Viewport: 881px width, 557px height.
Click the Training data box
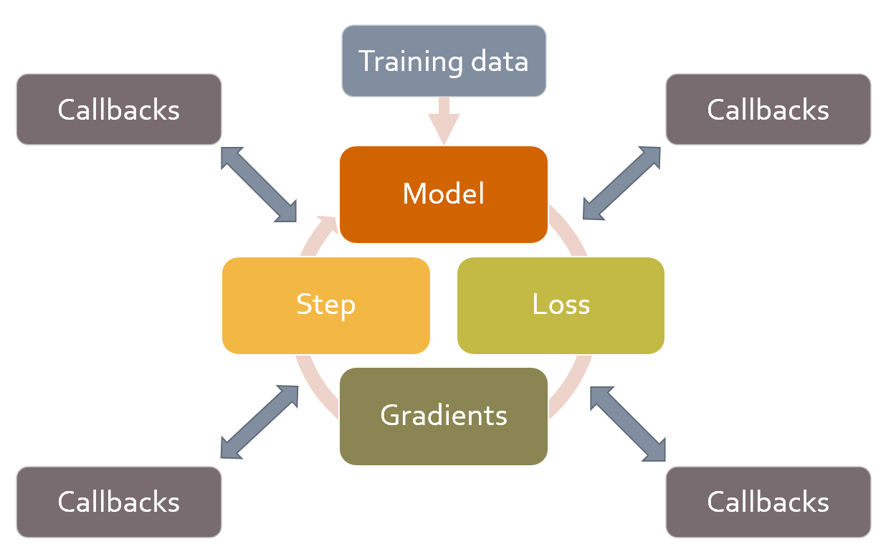pyautogui.click(x=444, y=61)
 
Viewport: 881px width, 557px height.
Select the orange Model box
pyautogui.click(x=444, y=194)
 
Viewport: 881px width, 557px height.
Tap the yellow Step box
pyautogui.click(x=326, y=305)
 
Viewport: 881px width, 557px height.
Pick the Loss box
pyautogui.click(x=561, y=305)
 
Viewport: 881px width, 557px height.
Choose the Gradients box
pyautogui.click(x=444, y=416)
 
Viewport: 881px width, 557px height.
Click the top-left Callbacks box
pyautogui.click(x=119, y=110)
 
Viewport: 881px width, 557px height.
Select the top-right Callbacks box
pyautogui.click(x=768, y=110)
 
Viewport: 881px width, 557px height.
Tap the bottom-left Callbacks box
pyautogui.click(x=119, y=502)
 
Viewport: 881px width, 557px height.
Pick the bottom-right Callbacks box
pyautogui.click(x=768, y=502)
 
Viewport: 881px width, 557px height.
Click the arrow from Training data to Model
pyautogui.click(x=444, y=121)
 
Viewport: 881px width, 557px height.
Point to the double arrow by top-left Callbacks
pyautogui.click(x=259, y=184)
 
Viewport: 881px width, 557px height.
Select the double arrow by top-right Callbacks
pyautogui.click(x=622, y=183)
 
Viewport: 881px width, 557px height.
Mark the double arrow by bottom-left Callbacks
pyautogui.click(x=259, y=422)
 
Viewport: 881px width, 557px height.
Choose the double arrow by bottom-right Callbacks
pyautogui.click(x=628, y=424)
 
